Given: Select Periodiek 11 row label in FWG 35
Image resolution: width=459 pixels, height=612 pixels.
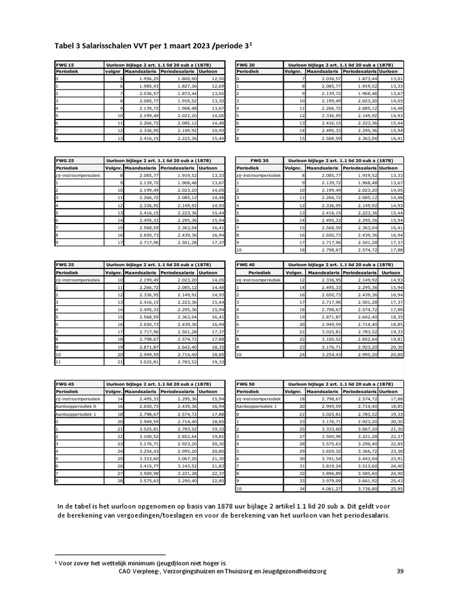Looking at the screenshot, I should (58, 362).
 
